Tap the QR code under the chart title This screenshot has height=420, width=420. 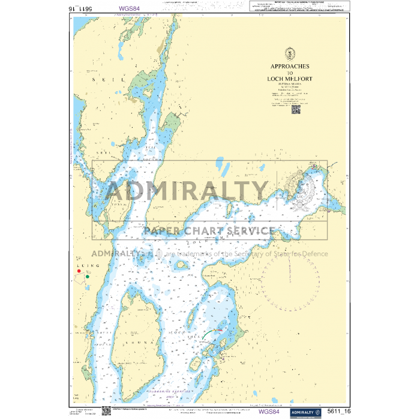pos(296,109)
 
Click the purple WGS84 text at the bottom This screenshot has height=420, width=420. pos(269,412)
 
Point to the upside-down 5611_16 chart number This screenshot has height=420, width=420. pos(88,8)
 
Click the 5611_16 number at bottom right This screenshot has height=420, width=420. pos(340,413)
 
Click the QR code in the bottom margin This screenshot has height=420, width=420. pos(106,411)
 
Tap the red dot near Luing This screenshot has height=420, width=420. pos(79,271)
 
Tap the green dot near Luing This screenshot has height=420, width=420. pos(88,277)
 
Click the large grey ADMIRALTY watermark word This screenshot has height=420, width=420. pos(187,191)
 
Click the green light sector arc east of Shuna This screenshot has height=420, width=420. pos(209,332)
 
